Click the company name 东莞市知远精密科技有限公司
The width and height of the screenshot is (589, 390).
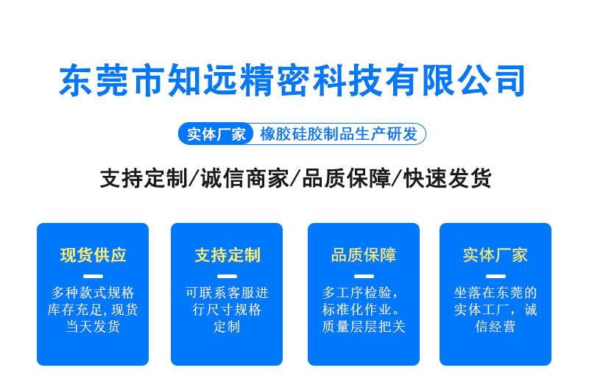point(292,80)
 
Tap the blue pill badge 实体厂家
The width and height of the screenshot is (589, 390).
point(216,134)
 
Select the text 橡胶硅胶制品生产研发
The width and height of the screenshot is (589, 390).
point(339,134)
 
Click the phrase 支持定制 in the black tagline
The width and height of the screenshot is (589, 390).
point(144,178)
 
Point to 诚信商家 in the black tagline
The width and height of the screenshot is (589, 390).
point(244,178)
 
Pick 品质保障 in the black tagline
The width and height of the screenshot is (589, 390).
point(346,178)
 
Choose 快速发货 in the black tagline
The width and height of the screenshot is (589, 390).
point(448,178)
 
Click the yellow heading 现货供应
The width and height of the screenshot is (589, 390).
point(94,255)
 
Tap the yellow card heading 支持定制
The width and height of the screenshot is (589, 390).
point(228,255)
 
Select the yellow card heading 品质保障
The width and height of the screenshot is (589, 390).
point(364,255)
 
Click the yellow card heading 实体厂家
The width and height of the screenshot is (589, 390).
point(495,255)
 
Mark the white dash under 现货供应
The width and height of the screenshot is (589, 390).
point(94,276)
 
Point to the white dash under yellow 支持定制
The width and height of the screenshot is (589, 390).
point(228,276)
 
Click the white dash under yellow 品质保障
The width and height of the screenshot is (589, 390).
point(364,276)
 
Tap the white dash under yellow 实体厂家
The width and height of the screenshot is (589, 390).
point(495,276)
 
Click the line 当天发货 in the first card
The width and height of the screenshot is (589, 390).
point(93,326)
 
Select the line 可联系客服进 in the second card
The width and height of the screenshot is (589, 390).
point(227,293)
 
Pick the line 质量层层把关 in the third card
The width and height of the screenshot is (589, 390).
point(364,326)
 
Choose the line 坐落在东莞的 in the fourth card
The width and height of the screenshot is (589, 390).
point(495,293)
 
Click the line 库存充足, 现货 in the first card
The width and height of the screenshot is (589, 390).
point(93,310)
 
